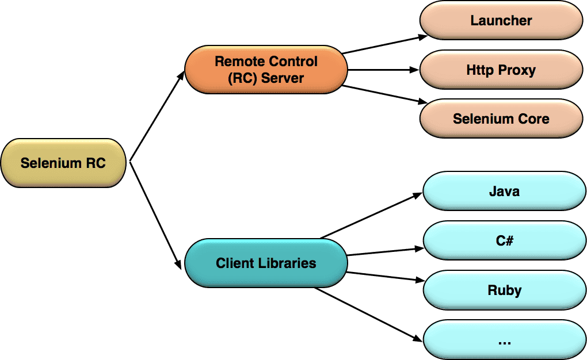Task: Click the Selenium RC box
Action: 63,163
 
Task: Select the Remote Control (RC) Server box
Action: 266,70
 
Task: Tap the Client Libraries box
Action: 266,263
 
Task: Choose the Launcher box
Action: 501,21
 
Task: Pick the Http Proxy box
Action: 501,70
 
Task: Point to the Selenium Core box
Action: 501,119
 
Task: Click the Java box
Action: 504,191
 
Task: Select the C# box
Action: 504,240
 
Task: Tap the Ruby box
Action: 504,290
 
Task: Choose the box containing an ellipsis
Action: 504,340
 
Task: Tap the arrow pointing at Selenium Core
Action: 383,94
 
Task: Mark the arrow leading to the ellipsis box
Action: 368,314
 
